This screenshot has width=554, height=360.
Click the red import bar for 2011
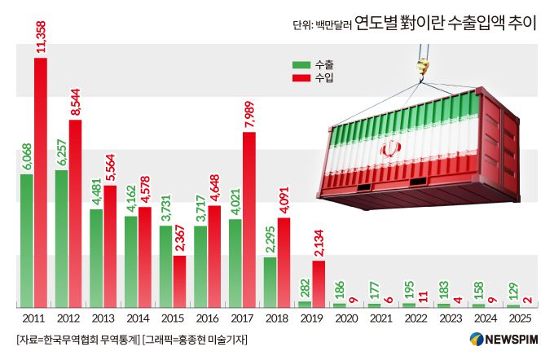click(x=41, y=182)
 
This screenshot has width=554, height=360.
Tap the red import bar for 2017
click(x=249, y=219)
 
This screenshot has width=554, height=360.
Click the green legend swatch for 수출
click(x=301, y=65)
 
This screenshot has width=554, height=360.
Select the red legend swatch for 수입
click(x=301, y=78)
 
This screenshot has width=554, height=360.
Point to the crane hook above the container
click(x=421, y=68)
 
